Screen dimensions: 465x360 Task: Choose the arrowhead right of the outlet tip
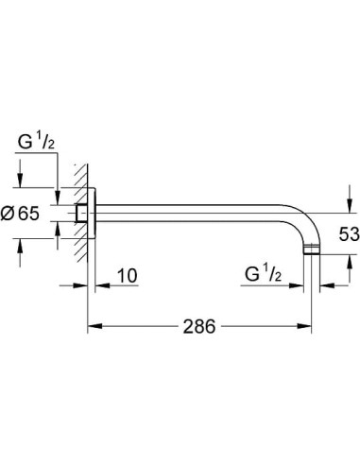322,283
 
